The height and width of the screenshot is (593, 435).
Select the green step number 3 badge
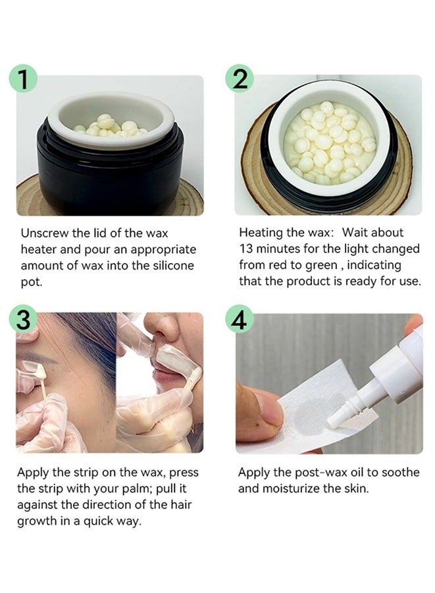[24, 319]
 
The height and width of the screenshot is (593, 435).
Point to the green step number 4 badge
[240, 319]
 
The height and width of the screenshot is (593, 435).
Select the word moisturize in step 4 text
[292, 488]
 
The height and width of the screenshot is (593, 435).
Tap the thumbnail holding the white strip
[270, 410]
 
